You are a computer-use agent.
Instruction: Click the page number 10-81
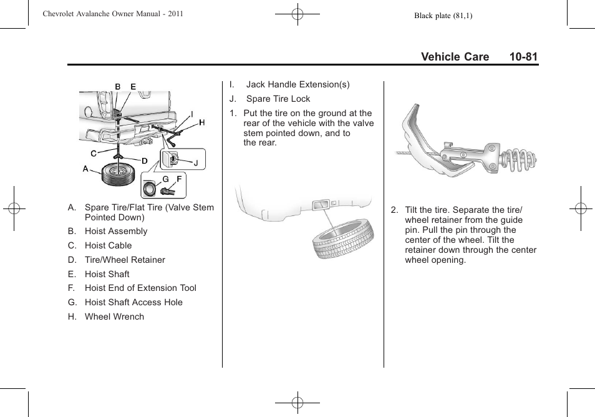(x=523, y=57)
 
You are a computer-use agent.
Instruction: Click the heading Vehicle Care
(x=455, y=57)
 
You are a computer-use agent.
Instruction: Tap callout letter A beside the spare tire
(x=85, y=169)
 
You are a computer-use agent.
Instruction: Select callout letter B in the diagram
(x=117, y=87)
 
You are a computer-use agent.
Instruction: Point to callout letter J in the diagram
(x=195, y=163)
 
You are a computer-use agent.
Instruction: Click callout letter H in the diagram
(x=201, y=123)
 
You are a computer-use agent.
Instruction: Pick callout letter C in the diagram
(x=93, y=153)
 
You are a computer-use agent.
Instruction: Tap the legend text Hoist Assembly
(x=116, y=231)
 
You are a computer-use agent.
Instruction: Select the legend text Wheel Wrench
(x=114, y=316)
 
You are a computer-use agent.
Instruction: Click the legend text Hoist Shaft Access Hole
(x=133, y=302)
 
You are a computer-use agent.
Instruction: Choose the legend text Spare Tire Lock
(x=278, y=99)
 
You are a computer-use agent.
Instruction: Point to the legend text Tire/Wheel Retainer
(x=125, y=260)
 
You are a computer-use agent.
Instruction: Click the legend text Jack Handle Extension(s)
(x=297, y=84)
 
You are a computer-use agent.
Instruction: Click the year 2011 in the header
(x=175, y=14)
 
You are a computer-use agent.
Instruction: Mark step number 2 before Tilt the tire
(x=394, y=210)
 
